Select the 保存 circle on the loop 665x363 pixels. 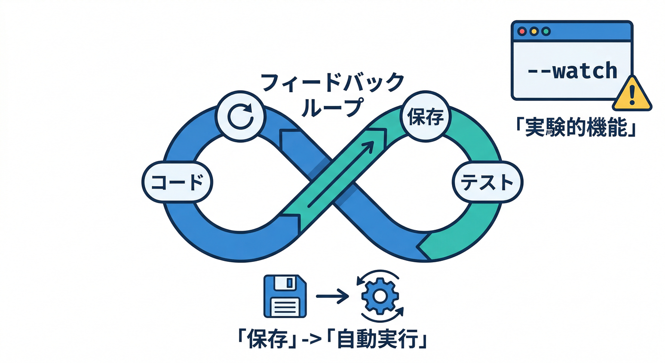click(x=424, y=118)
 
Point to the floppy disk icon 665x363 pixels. click(x=285, y=297)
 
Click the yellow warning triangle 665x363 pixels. click(x=631, y=94)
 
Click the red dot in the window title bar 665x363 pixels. click(x=522, y=32)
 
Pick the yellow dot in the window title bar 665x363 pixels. click(x=534, y=32)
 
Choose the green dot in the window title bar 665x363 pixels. click(x=546, y=32)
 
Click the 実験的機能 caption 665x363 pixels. click(x=575, y=127)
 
